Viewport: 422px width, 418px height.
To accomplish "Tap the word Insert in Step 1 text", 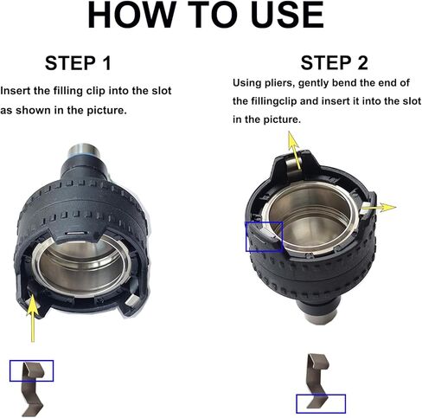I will click(x=16, y=90).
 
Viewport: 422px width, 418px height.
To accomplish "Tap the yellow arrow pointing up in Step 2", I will click(x=295, y=157).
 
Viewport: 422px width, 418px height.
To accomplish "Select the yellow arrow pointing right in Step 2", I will click(x=382, y=207).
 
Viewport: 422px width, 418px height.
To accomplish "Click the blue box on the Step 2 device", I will click(x=263, y=235).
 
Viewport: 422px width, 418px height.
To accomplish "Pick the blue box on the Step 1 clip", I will click(x=31, y=370).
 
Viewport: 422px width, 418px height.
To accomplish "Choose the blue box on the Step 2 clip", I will click(x=321, y=402).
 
